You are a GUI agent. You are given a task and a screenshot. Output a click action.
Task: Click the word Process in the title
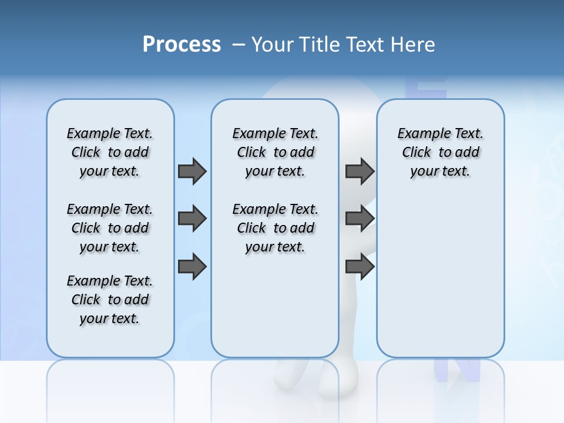(182, 44)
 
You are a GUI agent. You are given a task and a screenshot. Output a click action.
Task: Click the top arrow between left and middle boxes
(192, 171)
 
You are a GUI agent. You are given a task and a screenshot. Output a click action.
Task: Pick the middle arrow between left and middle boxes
(192, 219)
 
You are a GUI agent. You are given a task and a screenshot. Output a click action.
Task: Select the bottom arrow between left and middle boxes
(192, 267)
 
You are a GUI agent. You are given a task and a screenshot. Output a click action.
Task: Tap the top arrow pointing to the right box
(360, 171)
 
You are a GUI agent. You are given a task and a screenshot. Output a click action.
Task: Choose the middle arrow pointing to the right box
(360, 219)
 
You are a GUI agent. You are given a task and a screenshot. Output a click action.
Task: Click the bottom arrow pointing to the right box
(360, 267)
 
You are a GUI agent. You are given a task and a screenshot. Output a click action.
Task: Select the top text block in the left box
(110, 152)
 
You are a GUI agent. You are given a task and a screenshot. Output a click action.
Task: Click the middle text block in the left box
(110, 228)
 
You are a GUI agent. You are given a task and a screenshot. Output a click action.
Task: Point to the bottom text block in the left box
(110, 300)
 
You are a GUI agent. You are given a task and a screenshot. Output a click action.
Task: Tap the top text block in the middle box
(275, 152)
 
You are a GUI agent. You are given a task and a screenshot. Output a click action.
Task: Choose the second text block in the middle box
(275, 228)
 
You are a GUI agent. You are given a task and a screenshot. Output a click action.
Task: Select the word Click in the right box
(417, 153)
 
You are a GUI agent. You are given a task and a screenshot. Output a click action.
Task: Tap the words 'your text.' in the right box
(440, 172)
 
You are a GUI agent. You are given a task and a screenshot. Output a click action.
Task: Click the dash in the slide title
(239, 45)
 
